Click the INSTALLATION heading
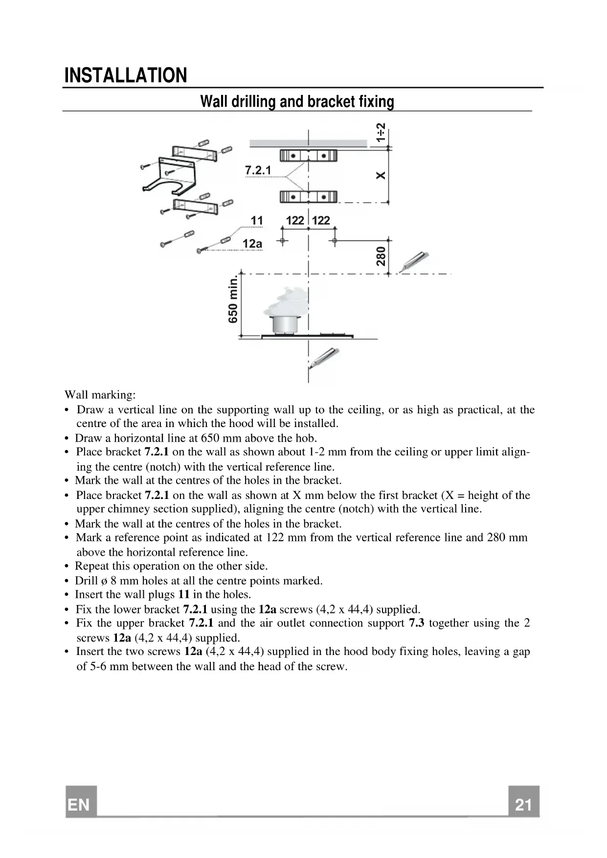[126, 75]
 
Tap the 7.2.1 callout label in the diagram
[258, 170]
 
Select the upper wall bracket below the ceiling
[308, 156]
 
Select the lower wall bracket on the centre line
[308, 197]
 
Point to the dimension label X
[381, 175]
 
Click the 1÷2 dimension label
[381, 133]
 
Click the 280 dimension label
[381, 256]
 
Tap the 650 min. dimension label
[233, 299]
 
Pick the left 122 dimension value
[295, 221]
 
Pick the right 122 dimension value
[321, 221]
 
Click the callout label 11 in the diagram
[257, 221]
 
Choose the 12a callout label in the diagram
[252, 244]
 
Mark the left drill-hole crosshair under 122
[282, 241]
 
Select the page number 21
[523, 805]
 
